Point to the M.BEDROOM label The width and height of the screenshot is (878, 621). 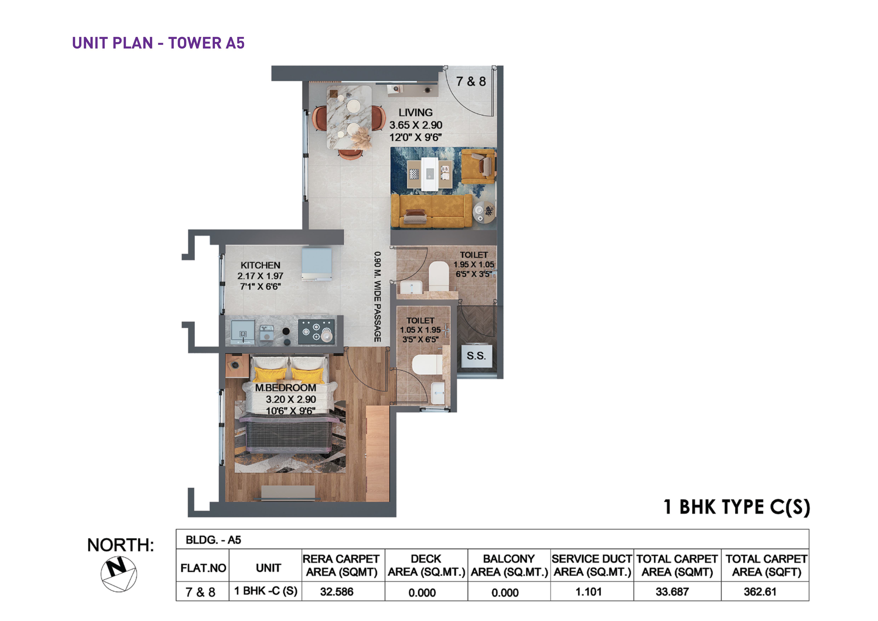click(286, 388)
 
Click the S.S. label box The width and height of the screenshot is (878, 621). click(476, 356)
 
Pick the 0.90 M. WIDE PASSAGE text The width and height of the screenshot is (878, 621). click(377, 297)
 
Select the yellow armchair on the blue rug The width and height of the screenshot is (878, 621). click(478, 167)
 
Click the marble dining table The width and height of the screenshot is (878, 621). click(349, 117)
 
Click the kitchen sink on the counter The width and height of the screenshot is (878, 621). click(242, 332)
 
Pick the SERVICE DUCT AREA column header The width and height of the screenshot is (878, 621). click(592, 566)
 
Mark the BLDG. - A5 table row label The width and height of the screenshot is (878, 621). click(213, 540)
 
